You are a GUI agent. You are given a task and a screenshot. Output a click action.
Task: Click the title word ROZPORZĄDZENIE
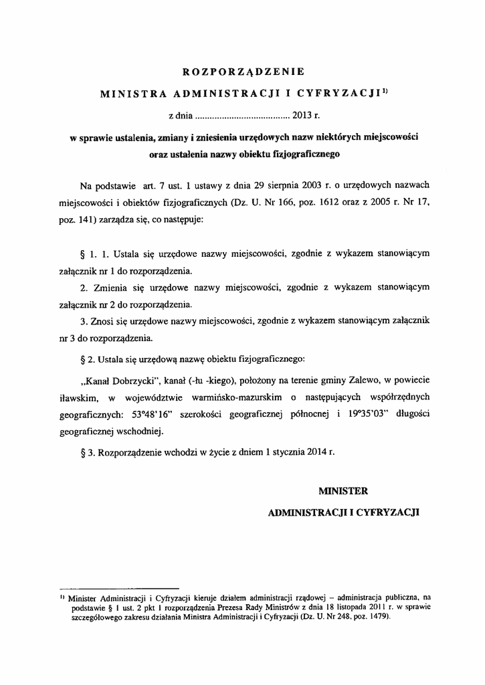(243, 70)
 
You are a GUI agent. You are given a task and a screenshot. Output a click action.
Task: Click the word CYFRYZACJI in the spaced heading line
(347, 94)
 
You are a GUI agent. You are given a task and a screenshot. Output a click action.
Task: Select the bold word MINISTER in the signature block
(343, 491)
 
